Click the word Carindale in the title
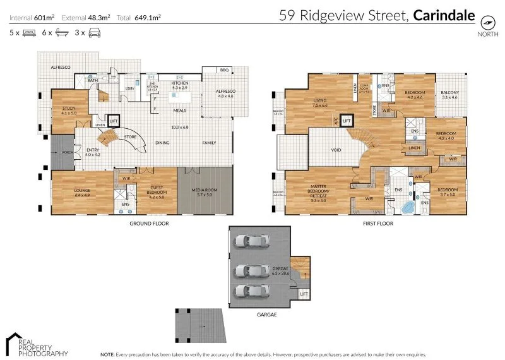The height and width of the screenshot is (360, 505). (x=444, y=15)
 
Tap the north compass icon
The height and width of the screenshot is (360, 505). (x=487, y=21)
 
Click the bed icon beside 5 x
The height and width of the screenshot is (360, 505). (x=29, y=32)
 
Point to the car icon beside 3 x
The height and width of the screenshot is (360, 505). (x=94, y=32)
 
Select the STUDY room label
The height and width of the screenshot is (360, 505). (x=68, y=110)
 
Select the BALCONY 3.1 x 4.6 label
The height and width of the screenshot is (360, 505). (x=449, y=95)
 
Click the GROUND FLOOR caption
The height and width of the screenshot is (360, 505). (x=148, y=224)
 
